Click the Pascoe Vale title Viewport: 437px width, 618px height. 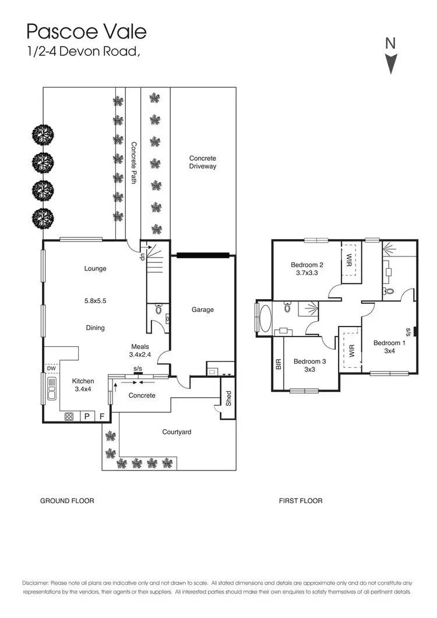tap(86, 31)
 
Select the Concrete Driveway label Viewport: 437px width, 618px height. tap(203, 162)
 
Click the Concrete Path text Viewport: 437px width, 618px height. tap(133, 163)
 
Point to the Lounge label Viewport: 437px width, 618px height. tap(95, 269)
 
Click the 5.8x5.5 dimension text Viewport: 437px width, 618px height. tap(95, 301)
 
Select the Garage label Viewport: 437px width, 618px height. tap(203, 310)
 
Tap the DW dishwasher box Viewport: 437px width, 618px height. tap(51, 368)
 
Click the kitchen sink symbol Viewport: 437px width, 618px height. tap(51, 389)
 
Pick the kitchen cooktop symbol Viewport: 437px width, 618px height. tap(69, 416)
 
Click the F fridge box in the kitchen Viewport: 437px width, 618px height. tap(102, 416)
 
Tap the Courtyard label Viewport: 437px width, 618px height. tap(177, 432)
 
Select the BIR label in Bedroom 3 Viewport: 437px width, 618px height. tap(278, 365)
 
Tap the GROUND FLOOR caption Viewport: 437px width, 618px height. tap(67, 501)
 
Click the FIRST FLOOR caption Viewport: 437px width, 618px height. tap(301, 501)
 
